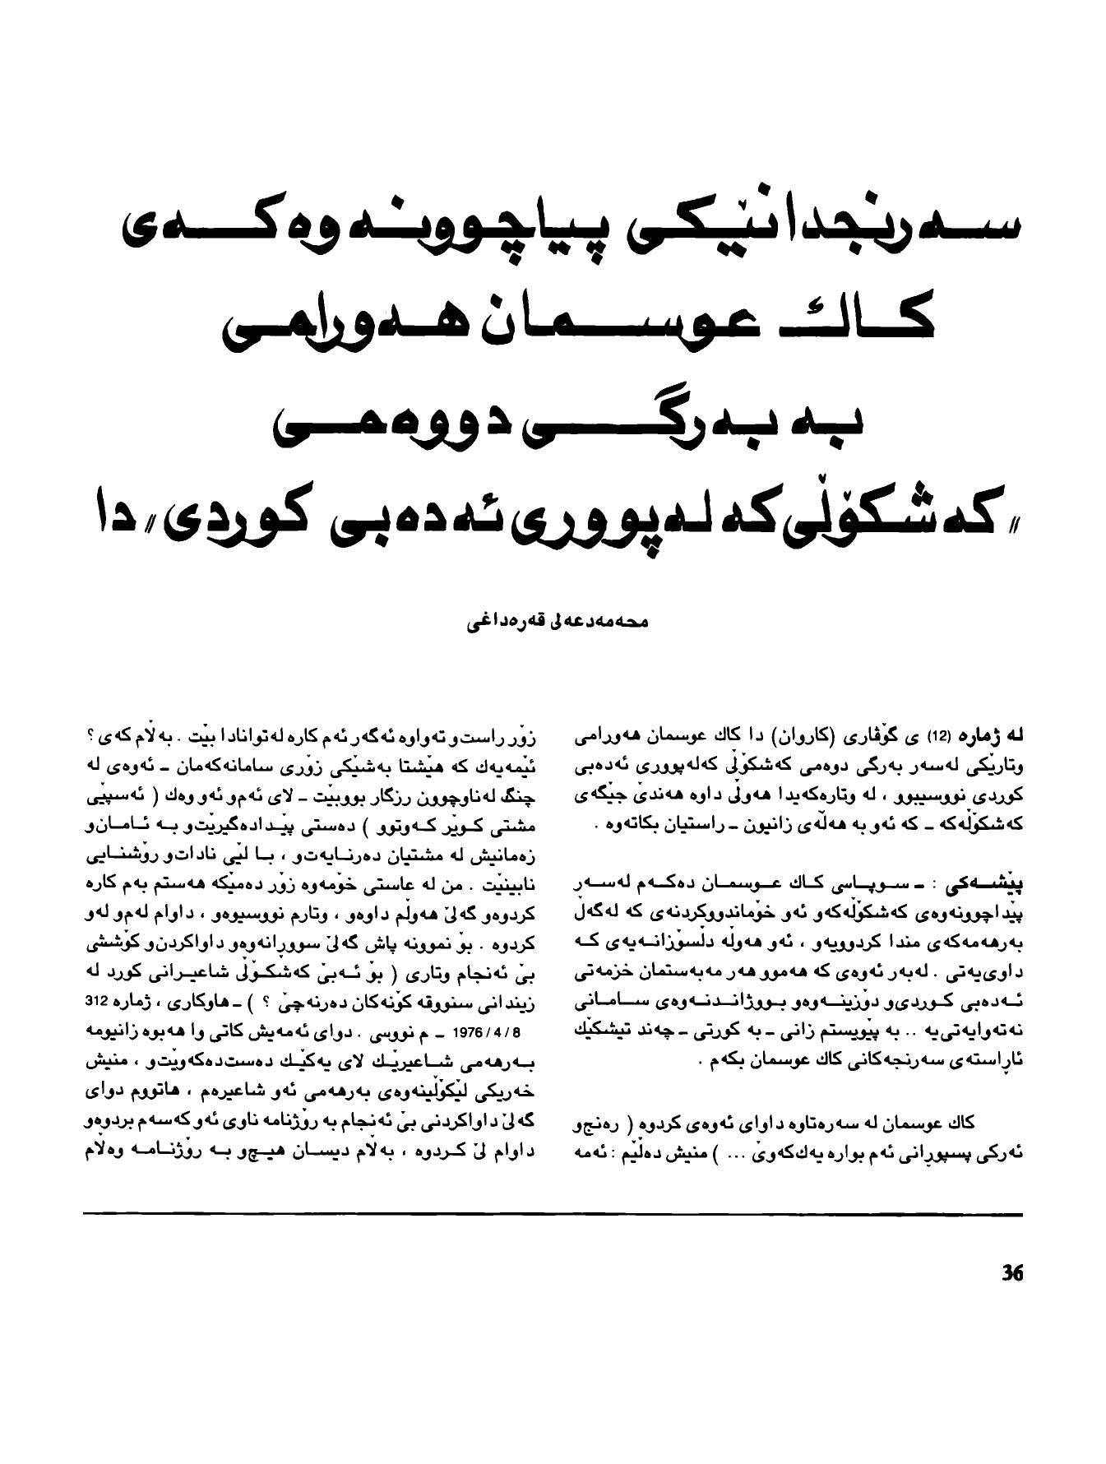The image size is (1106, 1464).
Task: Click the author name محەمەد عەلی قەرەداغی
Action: (x=558, y=623)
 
